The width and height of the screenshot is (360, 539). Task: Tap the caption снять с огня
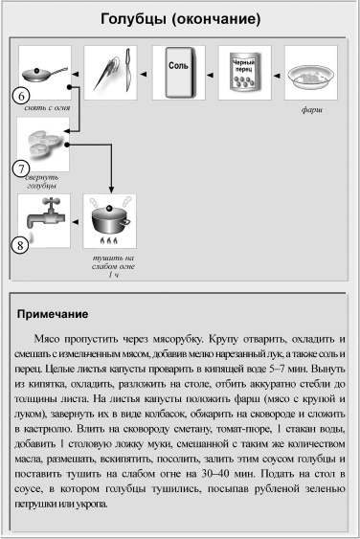pyautogui.click(x=43, y=108)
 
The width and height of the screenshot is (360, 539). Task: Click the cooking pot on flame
pyautogui.click(x=111, y=221)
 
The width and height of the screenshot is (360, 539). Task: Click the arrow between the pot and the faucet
pyautogui.click(x=76, y=221)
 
